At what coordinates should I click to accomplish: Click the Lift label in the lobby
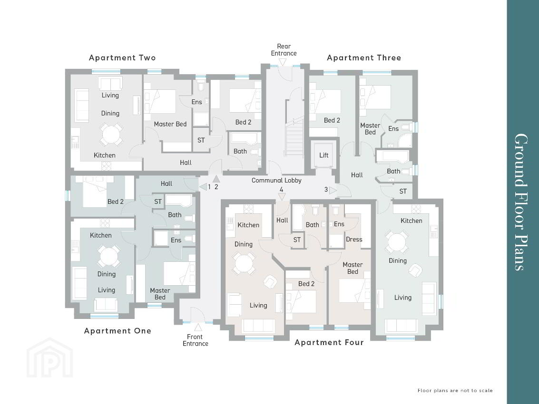[324, 155]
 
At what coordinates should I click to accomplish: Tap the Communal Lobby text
[276, 181]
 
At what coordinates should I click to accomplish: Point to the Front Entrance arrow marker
[198, 327]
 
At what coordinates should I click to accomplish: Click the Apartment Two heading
[122, 58]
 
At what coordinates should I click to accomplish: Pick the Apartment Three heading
[364, 58]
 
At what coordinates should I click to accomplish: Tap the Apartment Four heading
[329, 343]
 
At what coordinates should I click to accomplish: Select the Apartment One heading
[118, 331]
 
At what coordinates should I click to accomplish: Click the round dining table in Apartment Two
[111, 134]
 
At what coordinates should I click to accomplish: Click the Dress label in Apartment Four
[354, 240]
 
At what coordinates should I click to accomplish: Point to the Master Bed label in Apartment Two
[170, 124]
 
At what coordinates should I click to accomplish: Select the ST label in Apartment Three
[403, 192]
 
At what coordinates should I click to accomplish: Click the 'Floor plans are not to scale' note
[455, 391]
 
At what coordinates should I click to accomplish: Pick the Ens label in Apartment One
[176, 240]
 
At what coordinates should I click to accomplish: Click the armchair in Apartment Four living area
[270, 282]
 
